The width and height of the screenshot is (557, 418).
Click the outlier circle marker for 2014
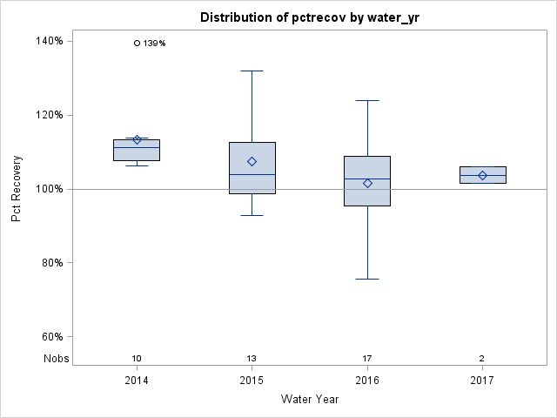click(x=137, y=43)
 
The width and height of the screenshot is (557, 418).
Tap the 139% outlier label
click(x=154, y=44)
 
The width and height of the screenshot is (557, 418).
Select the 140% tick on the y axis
click(x=48, y=41)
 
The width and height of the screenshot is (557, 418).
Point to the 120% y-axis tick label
click(x=48, y=115)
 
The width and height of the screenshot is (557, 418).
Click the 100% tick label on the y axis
click(x=48, y=189)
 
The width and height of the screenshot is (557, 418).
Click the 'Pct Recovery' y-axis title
click(x=17, y=189)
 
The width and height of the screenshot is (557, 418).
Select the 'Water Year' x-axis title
click(x=309, y=400)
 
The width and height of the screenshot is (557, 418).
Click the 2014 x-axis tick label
click(x=137, y=381)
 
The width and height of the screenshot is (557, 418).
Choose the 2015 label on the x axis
click(x=252, y=381)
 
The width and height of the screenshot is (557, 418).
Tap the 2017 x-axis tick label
click(x=482, y=381)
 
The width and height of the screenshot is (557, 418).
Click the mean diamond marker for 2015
click(x=252, y=161)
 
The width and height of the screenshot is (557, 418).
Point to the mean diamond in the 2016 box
click(x=367, y=183)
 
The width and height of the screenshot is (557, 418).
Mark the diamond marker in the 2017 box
click(x=482, y=175)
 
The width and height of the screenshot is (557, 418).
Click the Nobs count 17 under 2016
click(x=367, y=359)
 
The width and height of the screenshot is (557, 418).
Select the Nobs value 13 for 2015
click(x=252, y=359)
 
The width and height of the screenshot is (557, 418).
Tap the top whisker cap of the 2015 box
click(x=252, y=71)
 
